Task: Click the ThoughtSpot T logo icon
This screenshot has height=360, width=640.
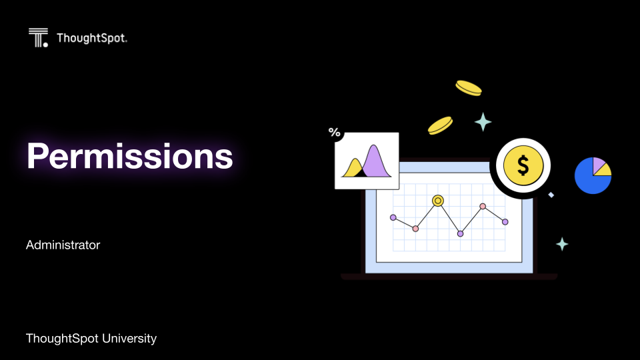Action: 39,37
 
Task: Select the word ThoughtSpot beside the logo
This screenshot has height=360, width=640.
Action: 92,38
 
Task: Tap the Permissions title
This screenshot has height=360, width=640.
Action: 130,156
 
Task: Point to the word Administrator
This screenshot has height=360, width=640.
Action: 63,245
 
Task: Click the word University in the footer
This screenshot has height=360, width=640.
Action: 129,339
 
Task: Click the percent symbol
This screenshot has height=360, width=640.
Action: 334,132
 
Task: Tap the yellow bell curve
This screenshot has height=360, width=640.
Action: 354,169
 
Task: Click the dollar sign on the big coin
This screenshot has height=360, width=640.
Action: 523,165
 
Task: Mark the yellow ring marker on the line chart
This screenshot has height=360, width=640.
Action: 438,201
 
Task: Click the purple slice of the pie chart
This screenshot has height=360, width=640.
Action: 598,165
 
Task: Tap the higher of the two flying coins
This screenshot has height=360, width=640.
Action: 469,88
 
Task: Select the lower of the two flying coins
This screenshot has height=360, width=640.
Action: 440,125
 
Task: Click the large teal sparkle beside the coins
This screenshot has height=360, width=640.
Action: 483,121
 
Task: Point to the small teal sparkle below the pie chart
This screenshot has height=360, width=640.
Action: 562,244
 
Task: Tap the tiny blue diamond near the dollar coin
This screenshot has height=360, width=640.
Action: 551,195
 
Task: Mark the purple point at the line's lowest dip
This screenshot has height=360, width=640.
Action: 461,234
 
